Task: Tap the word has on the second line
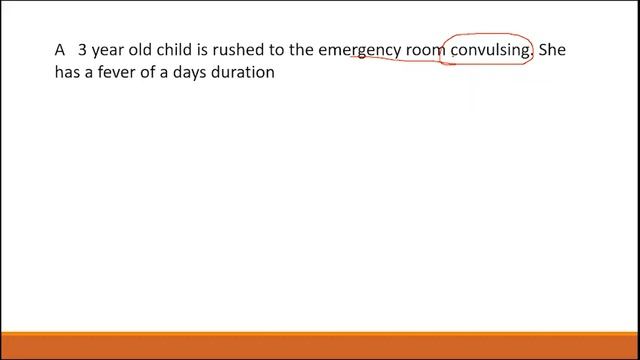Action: (70, 73)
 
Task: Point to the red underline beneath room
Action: (410, 60)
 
